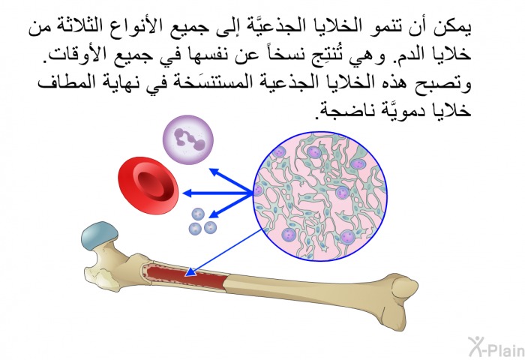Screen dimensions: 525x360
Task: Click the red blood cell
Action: coord(148,185)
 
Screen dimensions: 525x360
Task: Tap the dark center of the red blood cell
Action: coord(154,187)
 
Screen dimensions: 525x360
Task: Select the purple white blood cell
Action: coord(187,139)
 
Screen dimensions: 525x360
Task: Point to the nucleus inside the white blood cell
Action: coord(189,138)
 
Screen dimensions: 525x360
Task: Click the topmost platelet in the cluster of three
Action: coord(198,214)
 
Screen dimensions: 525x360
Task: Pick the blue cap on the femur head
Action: coord(100,235)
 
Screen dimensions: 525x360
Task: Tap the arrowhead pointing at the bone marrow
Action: coord(190,271)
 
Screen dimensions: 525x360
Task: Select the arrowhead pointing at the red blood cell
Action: coord(187,193)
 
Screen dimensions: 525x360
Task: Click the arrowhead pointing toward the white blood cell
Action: coord(214,172)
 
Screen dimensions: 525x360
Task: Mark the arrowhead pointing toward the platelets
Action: coord(214,213)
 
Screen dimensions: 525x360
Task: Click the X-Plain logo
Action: coord(496,347)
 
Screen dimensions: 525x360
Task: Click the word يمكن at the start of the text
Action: coord(452,28)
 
